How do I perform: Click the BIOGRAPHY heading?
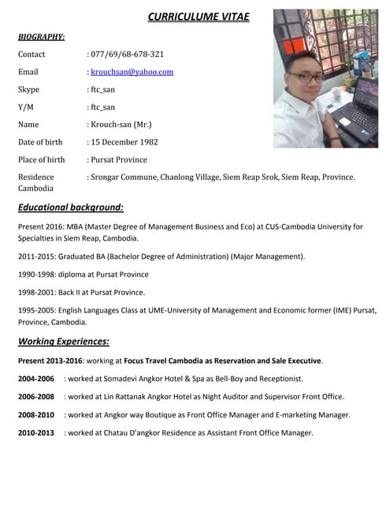pos(41,36)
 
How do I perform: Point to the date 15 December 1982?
pos(124,142)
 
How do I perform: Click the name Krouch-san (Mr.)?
pos(121,125)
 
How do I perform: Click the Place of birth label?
pos(41,159)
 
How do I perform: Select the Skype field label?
pos(28,89)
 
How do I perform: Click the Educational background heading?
pos(70,208)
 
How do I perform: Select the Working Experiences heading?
pos(63,342)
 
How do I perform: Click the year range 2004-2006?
pos(35,379)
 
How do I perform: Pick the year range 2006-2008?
pos(35,397)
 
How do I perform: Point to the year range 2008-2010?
pos(35,415)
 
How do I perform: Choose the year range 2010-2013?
pos(35,433)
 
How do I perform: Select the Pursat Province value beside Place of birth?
pos(119,159)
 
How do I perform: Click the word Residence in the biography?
pos(36,178)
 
